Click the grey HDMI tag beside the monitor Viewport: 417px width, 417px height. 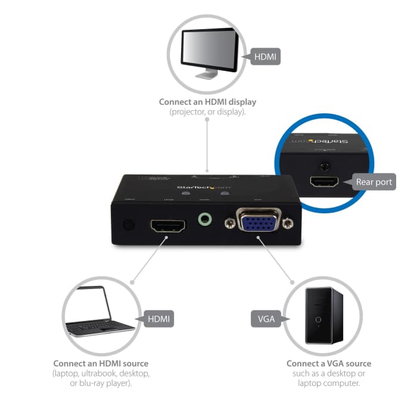pos(265,57)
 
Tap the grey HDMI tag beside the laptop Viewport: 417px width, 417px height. pos(158,319)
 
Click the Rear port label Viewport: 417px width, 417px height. pos(374,182)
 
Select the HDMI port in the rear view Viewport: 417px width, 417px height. pos(325,182)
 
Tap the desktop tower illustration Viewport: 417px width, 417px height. pos(319,316)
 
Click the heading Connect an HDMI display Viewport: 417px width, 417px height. pos(207,102)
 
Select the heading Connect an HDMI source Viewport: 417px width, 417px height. pos(101,363)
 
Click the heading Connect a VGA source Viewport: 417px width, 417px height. pos(328,363)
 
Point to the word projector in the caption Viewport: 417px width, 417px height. pos(189,112)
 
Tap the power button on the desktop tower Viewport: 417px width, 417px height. pos(319,319)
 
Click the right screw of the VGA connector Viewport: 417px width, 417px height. pos(289,224)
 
